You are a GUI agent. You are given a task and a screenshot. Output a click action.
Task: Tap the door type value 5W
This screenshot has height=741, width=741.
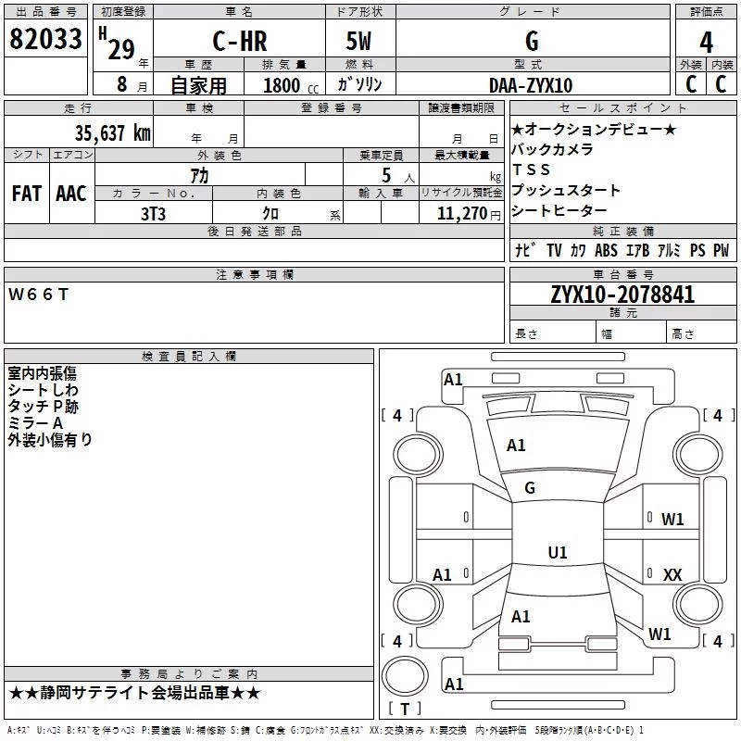361,42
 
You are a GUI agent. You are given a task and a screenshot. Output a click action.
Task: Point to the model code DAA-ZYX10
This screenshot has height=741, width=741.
531,85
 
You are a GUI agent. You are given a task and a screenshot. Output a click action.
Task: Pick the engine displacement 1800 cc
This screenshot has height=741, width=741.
288,86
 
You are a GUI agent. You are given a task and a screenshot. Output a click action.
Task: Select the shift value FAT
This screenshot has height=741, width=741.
27,194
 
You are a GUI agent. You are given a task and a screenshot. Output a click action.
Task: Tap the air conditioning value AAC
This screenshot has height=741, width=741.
71,194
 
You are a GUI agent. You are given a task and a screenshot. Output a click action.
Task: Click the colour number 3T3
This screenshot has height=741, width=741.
153,213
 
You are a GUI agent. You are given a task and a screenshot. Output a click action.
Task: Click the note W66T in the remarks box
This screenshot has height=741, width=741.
38,295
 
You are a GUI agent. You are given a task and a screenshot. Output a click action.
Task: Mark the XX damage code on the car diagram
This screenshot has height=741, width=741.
672,575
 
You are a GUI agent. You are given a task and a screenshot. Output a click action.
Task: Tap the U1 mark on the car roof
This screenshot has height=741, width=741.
557,552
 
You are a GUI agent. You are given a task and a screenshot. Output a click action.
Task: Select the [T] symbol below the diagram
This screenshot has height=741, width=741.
404,709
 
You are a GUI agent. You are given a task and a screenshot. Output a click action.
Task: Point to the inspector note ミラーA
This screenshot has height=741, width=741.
35,423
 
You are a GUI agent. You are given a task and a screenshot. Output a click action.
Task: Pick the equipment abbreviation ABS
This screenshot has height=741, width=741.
606,250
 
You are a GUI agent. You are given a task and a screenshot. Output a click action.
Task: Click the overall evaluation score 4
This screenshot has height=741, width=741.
707,42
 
